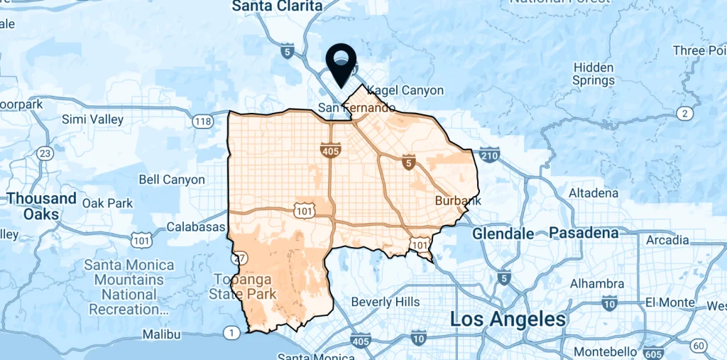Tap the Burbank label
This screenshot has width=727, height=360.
click(x=458, y=201)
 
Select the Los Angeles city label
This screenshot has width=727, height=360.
click(x=508, y=319)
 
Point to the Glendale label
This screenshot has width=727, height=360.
click(x=503, y=234)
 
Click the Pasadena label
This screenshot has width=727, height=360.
click(x=584, y=233)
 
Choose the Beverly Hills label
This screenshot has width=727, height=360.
click(x=386, y=302)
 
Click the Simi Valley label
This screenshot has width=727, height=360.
click(x=93, y=119)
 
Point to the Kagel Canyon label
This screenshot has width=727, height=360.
click(x=403, y=90)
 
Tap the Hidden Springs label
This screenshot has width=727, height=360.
click(x=593, y=74)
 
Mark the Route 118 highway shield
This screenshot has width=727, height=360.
click(x=203, y=121)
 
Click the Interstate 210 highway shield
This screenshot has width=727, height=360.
click(x=489, y=153)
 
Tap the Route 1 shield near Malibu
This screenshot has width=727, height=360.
click(x=231, y=332)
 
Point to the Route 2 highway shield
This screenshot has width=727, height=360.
click(x=684, y=113)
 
